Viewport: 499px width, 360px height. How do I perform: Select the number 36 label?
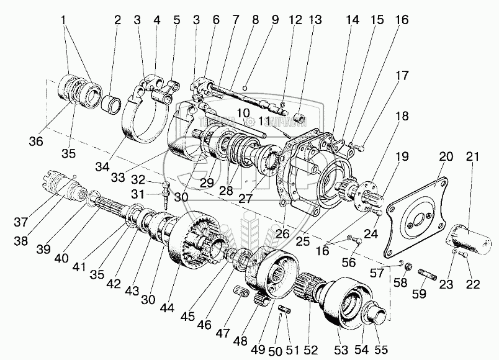[37, 142]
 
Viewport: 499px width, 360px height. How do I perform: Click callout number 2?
[117, 20]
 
